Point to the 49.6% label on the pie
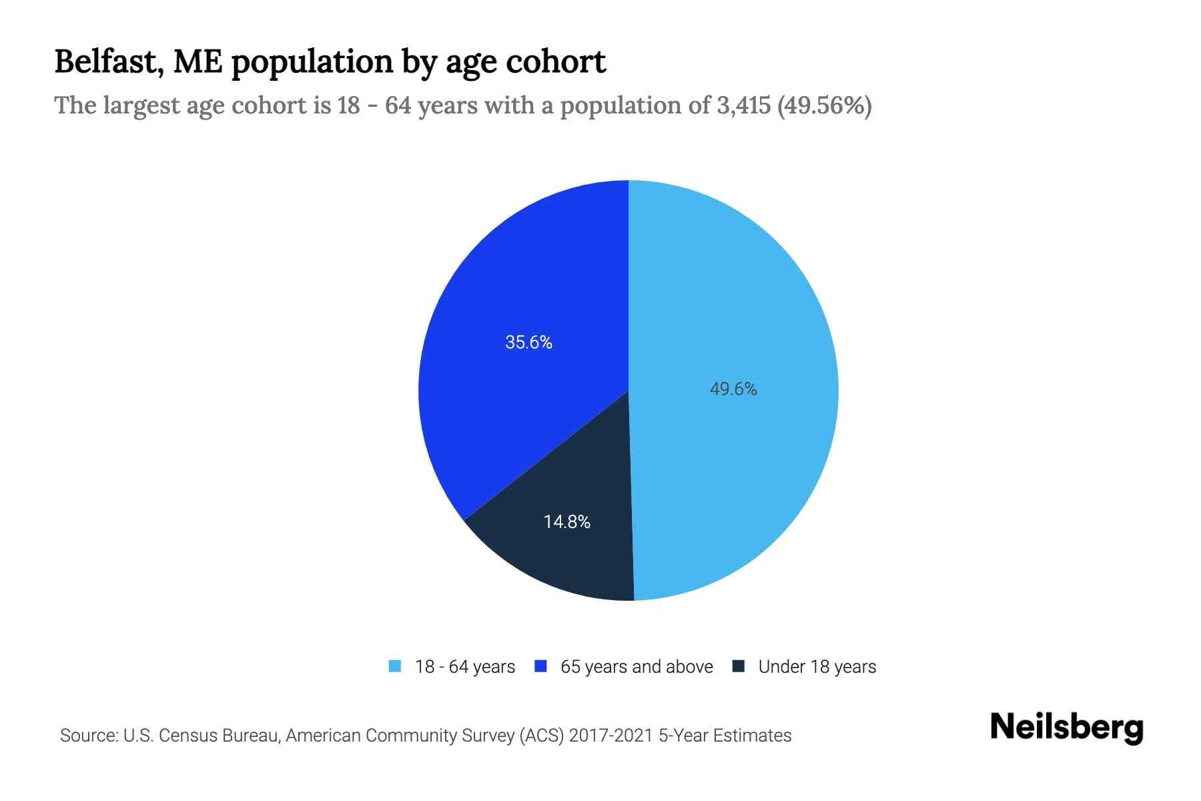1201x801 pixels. pyautogui.click(x=733, y=389)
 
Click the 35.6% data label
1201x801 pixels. pyautogui.click(x=528, y=342)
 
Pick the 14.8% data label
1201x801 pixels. pyautogui.click(x=567, y=522)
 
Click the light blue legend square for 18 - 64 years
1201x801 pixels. pyautogui.click(x=395, y=666)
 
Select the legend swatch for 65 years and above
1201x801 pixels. pyautogui.click(x=541, y=666)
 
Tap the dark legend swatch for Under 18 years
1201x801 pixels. pyautogui.click(x=739, y=666)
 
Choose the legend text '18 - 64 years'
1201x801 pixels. pyautogui.click(x=465, y=667)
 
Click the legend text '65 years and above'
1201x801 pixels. pyautogui.click(x=637, y=667)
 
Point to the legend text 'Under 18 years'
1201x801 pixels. pyautogui.click(x=817, y=667)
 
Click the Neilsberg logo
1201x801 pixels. pyautogui.click(x=1066, y=728)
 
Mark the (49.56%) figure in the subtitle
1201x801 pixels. pyautogui.click(x=825, y=105)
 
